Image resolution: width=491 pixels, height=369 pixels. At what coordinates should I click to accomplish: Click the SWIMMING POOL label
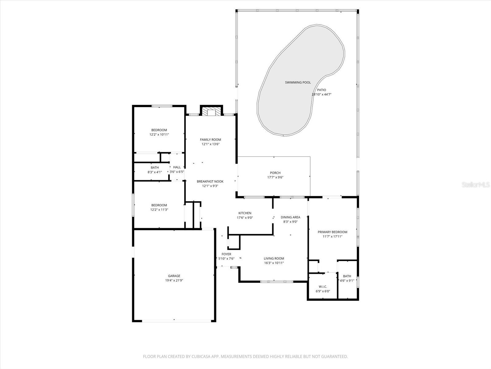pos(298,82)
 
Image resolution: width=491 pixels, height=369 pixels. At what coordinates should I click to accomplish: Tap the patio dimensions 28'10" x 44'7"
pos(322,94)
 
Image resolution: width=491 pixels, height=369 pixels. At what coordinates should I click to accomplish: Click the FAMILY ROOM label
pos(211,140)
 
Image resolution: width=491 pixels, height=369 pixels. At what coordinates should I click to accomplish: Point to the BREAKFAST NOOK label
pos(210,181)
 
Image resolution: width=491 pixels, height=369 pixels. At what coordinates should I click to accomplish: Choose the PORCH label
pos(275,173)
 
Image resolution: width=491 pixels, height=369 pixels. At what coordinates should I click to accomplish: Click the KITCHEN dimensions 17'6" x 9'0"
pos(245,217)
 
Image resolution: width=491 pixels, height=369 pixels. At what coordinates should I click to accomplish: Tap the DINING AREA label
pos(290,217)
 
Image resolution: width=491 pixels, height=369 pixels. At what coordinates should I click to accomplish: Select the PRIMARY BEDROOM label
pos(332,232)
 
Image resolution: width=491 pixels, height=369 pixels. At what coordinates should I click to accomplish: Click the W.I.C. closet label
pos(323,287)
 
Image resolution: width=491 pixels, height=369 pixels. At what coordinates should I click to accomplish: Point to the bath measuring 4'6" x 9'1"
pos(347,278)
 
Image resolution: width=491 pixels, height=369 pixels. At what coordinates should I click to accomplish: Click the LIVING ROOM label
pos(274,258)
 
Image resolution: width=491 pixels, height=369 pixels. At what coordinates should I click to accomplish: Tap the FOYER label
pos(226,254)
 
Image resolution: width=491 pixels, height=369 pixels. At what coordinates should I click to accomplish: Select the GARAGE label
pos(174,276)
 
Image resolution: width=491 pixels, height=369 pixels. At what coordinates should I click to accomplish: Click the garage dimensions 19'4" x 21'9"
pos(174,280)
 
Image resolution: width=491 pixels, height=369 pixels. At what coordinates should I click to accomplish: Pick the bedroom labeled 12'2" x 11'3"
pos(159,208)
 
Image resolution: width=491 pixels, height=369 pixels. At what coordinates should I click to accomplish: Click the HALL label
pos(177,167)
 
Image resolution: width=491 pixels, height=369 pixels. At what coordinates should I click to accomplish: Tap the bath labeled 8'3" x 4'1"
pos(155,170)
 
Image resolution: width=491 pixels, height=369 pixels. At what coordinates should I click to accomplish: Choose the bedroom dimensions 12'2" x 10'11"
pos(159,134)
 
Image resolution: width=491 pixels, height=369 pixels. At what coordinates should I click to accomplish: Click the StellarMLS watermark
pos(476,184)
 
